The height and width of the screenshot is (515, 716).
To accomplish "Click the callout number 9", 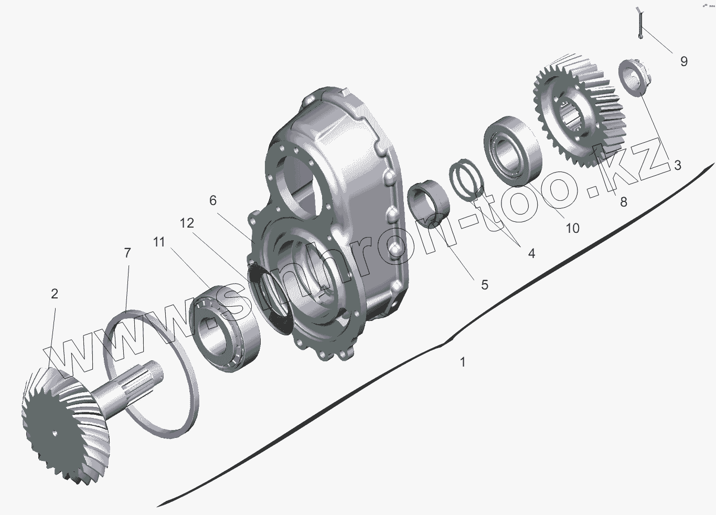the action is point(683,61).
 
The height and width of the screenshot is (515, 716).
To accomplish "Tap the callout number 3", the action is point(677,165).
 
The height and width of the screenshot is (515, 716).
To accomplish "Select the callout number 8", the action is point(624,202).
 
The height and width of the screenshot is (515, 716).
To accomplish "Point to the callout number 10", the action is point(572,228).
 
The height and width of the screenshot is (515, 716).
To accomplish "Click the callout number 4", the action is point(531,253).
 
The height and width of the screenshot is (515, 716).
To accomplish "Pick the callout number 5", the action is point(213,200).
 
